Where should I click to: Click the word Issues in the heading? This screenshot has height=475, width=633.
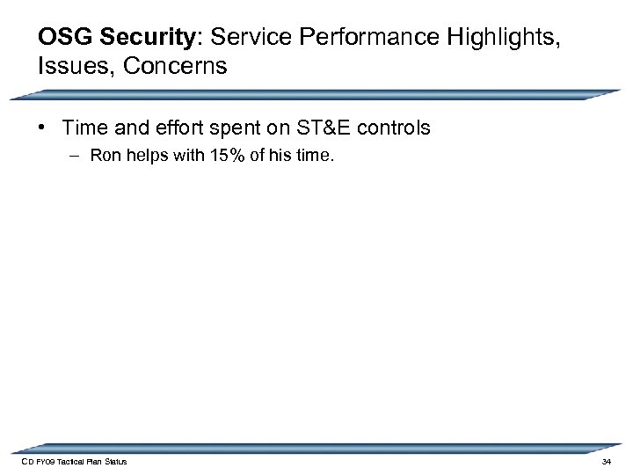[70, 68]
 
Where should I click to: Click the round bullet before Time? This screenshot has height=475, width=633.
[43, 128]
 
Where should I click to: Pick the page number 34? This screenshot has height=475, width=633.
[606, 462]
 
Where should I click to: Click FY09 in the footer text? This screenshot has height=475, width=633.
[44, 462]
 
